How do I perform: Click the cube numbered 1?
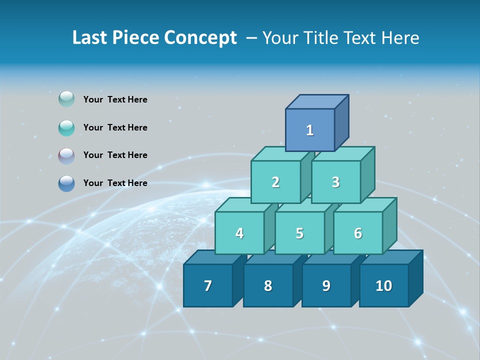[310, 130]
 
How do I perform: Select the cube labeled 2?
[275, 182]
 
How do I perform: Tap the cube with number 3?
[335, 182]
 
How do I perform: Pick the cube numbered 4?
[239, 233]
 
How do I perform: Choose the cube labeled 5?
[299, 233]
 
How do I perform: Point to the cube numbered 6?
[358, 233]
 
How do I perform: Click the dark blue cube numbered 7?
[208, 285]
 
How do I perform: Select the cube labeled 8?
[268, 285]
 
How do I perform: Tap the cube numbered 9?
[326, 285]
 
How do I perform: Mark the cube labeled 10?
[383, 285]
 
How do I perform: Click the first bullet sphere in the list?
[66, 99]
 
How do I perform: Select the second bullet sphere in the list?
[66, 127]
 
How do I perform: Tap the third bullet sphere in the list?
[66, 155]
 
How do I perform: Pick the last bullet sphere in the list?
[66, 183]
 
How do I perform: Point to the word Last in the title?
[89, 38]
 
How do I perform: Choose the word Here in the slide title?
[400, 38]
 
